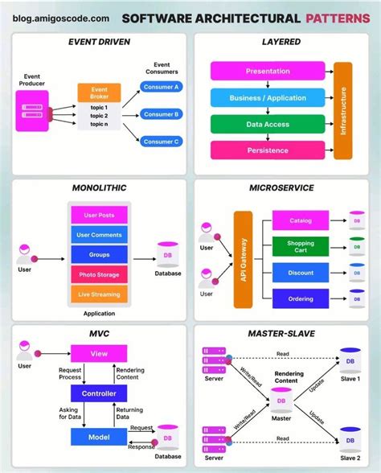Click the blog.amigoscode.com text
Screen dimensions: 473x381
coord(61,17)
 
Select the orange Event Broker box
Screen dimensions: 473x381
coord(99,93)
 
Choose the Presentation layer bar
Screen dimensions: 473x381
coord(268,71)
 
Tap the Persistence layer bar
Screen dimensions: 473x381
coord(268,150)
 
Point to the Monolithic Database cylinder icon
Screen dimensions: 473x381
coord(167,255)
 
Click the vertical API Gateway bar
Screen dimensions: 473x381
coord(244,259)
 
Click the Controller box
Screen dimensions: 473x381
coord(99,393)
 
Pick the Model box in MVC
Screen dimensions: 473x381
coord(99,436)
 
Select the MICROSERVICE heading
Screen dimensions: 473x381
coord(281,187)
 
